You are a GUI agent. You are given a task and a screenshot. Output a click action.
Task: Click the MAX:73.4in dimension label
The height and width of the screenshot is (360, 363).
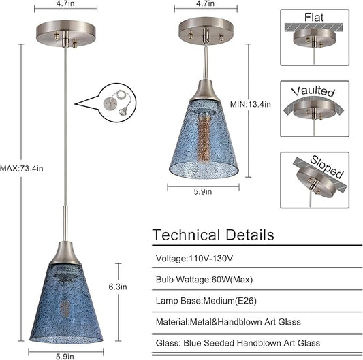click(x=22, y=169)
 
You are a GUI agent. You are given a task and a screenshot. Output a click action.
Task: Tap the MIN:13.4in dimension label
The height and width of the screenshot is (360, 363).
click(x=250, y=104)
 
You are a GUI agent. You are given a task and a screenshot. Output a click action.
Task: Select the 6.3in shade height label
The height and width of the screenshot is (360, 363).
click(x=118, y=287)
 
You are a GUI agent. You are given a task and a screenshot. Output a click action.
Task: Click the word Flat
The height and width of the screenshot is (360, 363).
click(x=314, y=17)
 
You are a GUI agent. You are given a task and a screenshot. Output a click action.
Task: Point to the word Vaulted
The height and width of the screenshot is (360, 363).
click(x=313, y=91)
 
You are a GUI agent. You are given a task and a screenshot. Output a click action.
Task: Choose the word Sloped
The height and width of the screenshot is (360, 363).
click(x=327, y=167)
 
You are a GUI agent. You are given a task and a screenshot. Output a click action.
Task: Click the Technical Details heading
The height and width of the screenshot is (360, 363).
click(x=213, y=235)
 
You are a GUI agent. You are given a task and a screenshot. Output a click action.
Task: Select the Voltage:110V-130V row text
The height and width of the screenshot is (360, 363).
click(x=194, y=258)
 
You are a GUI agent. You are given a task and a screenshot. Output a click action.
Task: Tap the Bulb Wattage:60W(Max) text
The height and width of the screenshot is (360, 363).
click(x=204, y=280)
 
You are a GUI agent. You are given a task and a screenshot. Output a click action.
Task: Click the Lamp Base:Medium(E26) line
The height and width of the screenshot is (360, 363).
click(x=206, y=301)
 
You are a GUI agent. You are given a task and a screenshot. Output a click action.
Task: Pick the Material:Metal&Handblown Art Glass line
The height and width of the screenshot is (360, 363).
click(x=228, y=322)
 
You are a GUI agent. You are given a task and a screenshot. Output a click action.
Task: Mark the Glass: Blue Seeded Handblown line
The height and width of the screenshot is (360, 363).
click(x=238, y=343)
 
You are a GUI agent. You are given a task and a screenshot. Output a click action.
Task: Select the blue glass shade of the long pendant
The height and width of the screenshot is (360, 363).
click(x=66, y=304)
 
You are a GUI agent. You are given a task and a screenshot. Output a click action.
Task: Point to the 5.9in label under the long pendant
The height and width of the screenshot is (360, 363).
click(x=65, y=356)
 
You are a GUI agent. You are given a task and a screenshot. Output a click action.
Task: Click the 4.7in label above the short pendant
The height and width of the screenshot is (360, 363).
click(x=206, y=3)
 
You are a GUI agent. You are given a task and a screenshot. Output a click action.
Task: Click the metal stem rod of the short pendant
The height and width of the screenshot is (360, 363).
click(x=206, y=62)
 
